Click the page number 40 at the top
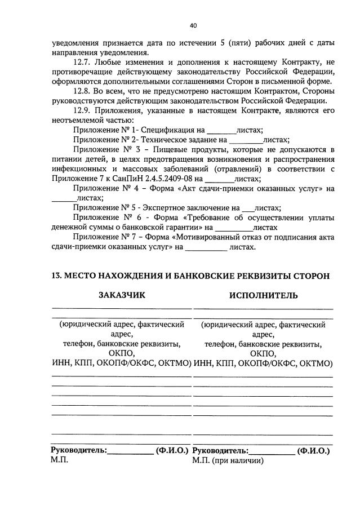tap(193, 26)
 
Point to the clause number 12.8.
tap(83, 91)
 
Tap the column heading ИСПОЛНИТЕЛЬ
tap(263, 295)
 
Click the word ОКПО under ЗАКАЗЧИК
tap(122, 353)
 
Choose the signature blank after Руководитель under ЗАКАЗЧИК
tap(130, 451)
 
